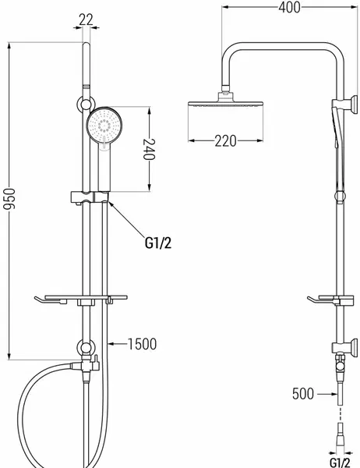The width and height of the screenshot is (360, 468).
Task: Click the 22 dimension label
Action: tap(86, 20)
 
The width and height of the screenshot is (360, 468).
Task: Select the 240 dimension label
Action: tap(149, 149)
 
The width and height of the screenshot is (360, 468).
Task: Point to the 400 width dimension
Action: tap(289, 8)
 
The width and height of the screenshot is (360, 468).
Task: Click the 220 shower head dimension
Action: tap(225, 141)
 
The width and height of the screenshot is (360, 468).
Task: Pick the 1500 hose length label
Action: tap(142, 344)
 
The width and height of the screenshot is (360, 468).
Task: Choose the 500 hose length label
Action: tap(303, 394)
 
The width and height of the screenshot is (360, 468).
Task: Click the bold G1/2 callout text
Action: tap(158, 243)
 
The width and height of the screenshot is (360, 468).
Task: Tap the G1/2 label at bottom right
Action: tap(340, 463)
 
